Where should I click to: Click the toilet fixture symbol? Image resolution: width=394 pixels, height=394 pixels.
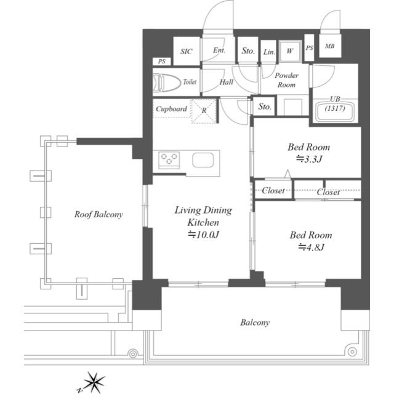pyautogui.click(x=167, y=82)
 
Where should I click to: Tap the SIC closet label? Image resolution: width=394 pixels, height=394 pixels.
pyautogui.click(x=186, y=52)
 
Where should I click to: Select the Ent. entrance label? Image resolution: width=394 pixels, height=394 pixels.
pyautogui.click(x=219, y=50)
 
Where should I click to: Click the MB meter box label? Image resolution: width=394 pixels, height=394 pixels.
pyautogui.click(x=330, y=46)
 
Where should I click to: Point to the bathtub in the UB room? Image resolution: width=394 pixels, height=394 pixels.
pyautogui.click(x=335, y=111)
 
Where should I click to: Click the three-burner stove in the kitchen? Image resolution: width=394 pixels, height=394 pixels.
pyautogui.click(x=169, y=160)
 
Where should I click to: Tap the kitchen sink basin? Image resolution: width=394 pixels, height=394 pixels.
pyautogui.click(x=203, y=160)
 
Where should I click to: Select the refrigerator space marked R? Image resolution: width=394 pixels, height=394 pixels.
pyautogui.click(x=204, y=110)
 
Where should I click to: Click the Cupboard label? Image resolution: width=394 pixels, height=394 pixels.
pyautogui.click(x=171, y=109)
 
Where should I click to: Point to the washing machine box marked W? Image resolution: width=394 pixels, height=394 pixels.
pyautogui.click(x=290, y=51)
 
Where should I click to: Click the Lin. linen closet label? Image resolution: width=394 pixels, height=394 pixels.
pyautogui.click(x=269, y=52)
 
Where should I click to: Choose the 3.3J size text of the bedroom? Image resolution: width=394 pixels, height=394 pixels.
pyautogui.click(x=309, y=159)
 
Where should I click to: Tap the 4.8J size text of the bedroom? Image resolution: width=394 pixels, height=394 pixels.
pyautogui.click(x=312, y=247)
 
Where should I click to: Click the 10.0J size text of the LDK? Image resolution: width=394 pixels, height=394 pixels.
pyautogui.click(x=204, y=235)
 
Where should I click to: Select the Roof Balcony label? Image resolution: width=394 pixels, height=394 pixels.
pyautogui.click(x=98, y=214)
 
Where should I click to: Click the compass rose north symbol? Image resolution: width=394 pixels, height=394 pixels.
pyautogui.click(x=94, y=382)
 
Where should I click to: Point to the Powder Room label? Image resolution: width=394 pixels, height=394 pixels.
pyautogui.click(x=286, y=80)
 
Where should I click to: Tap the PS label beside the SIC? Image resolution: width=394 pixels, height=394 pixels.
pyautogui.click(x=162, y=62)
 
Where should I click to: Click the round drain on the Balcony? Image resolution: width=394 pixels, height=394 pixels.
pyautogui.click(x=352, y=352)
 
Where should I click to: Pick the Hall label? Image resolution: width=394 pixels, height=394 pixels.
pyautogui.click(x=227, y=82)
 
